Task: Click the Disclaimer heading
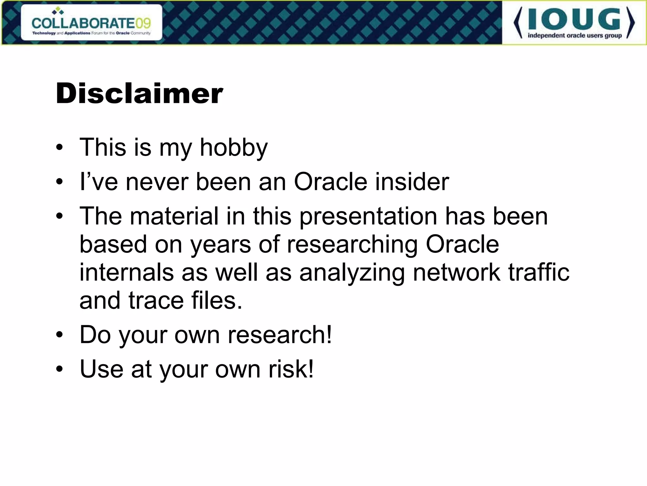coord(139,93)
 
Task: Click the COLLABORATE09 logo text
coord(91,23)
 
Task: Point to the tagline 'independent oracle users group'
coord(575,35)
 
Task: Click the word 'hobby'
coord(234,147)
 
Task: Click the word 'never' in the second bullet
coord(157,182)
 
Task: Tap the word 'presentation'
coord(368,216)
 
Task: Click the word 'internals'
coord(126,272)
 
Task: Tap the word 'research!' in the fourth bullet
coord(280,335)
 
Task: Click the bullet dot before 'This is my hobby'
coord(59,148)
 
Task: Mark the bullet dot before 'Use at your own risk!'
coord(59,369)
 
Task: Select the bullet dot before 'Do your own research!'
coord(59,335)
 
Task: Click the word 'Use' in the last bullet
coord(101,369)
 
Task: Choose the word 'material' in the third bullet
coord(174,216)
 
